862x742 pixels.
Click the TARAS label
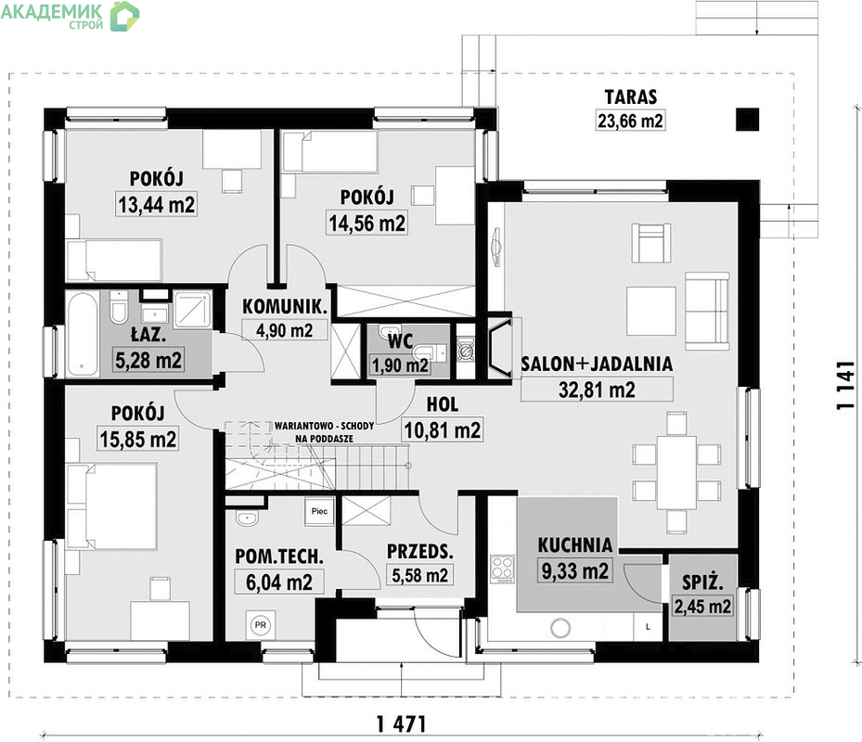click(x=631, y=96)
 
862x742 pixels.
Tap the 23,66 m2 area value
click(x=630, y=121)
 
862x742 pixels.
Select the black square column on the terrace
click(x=748, y=120)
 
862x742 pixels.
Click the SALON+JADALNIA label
click(x=597, y=364)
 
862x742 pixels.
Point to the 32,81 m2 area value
click(x=597, y=390)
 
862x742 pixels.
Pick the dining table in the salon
click(x=676, y=472)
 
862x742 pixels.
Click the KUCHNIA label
click(x=574, y=545)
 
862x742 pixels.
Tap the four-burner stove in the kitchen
click(x=503, y=569)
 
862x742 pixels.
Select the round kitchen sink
click(x=560, y=627)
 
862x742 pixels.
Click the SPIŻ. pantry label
click(x=702, y=582)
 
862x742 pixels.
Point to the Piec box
click(x=319, y=511)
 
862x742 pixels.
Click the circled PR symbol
click(x=260, y=625)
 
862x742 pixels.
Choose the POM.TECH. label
click(x=278, y=556)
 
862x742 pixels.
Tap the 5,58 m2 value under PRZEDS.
click(x=419, y=575)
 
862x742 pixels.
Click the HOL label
click(x=442, y=404)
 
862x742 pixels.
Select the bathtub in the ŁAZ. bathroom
click(x=83, y=334)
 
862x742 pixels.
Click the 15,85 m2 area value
click(x=138, y=439)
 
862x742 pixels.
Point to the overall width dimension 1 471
click(x=402, y=724)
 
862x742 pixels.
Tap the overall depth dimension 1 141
click(x=845, y=385)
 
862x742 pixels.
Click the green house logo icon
click(x=124, y=16)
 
